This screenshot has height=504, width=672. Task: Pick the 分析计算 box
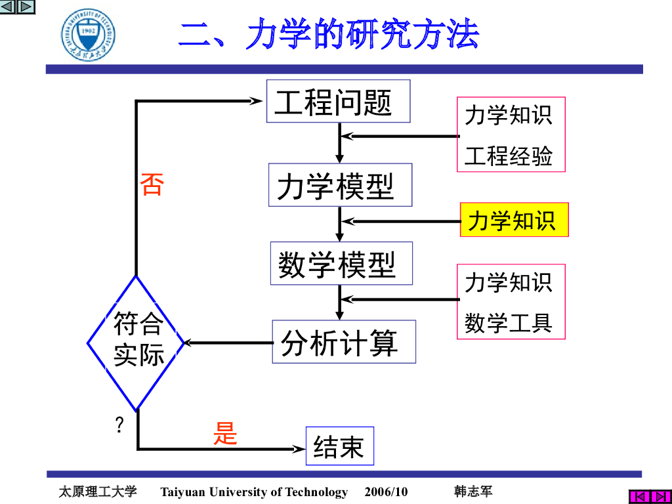click(x=344, y=342)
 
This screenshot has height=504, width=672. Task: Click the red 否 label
click(x=151, y=184)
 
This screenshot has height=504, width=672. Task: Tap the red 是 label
click(x=225, y=433)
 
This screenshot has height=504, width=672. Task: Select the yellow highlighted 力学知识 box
click(x=514, y=220)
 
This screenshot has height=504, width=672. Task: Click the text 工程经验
click(x=509, y=156)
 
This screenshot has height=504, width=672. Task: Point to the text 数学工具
click(x=509, y=322)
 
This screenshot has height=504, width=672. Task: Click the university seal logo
click(x=89, y=35)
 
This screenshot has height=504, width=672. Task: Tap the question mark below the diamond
click(x=119, y=425)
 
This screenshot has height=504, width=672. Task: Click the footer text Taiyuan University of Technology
click(x=254, y=492)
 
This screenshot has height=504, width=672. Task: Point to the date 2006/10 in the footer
click(x=386, y=492)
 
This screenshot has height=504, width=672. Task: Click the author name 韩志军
click(x=473, y=492)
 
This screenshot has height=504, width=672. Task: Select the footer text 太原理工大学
click(x=98, y=492)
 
